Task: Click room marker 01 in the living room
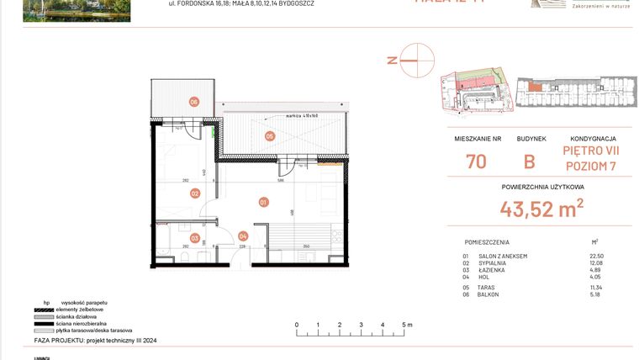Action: (263, 202)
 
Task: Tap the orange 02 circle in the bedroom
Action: (194, 193)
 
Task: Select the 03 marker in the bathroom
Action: (194, 238)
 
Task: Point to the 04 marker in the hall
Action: (243, 236)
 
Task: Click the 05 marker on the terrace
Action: (270, 135)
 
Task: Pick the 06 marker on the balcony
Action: (193, 102)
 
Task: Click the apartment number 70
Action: (476, 161)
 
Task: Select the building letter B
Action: (530, 161)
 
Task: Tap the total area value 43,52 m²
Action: (542, 208)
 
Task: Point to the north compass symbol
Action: (416, 60)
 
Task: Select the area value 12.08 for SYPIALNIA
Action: (598, 263)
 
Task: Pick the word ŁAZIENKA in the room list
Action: (493, 271)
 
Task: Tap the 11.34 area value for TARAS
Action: (598, 287)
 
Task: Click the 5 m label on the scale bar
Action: (406, 324)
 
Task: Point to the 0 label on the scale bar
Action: (296, 324)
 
